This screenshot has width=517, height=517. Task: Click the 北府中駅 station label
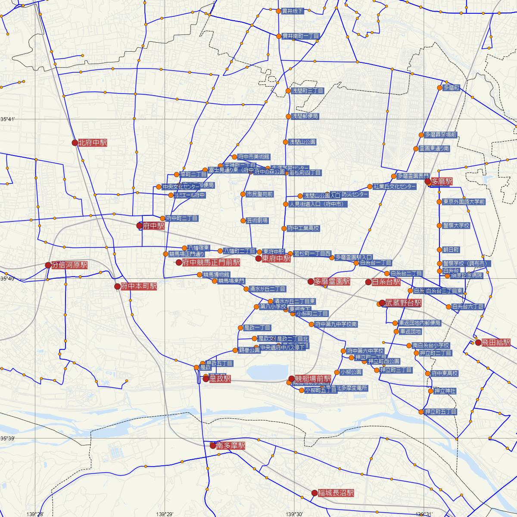click(93, 143)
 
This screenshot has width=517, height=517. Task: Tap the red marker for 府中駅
click(139, 225)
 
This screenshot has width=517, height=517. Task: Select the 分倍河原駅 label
click(69, 265)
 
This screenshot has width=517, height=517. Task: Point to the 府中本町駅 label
click(139, 286)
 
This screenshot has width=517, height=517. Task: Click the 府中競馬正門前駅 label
click(211, 262)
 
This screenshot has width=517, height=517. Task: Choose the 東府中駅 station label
click(276, 258)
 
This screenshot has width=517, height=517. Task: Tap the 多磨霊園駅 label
click(332, 281)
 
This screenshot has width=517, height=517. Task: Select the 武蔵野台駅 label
click(403, 303)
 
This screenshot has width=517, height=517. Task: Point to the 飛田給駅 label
click(496, 343)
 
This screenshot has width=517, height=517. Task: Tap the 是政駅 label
click(220, 379)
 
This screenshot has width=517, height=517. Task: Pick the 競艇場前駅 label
click(313, 379)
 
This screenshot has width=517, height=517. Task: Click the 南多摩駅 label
click(230, 445)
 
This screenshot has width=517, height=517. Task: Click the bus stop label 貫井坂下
click(293, 11)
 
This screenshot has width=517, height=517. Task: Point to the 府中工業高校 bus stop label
click(303, 228)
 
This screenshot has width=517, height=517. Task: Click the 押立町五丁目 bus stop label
click(441, 412)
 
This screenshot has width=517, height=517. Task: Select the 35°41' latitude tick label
click(8, 118)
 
